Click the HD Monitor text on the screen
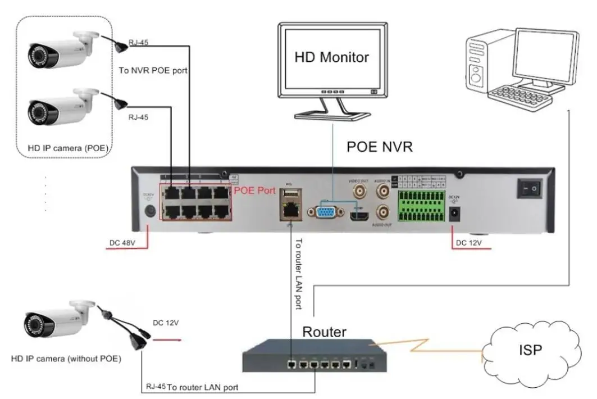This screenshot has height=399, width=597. pos(332,57)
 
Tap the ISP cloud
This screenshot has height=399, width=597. pos(530,351)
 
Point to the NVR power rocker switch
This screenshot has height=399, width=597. pos(529,188)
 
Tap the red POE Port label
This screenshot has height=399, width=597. pos(254,190)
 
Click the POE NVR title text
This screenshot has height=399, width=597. pos(380,147)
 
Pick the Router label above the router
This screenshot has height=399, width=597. pos(324,332)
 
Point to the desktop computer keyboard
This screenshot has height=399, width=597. pos(519,95)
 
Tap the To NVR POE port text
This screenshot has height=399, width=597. pos(153,71)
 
